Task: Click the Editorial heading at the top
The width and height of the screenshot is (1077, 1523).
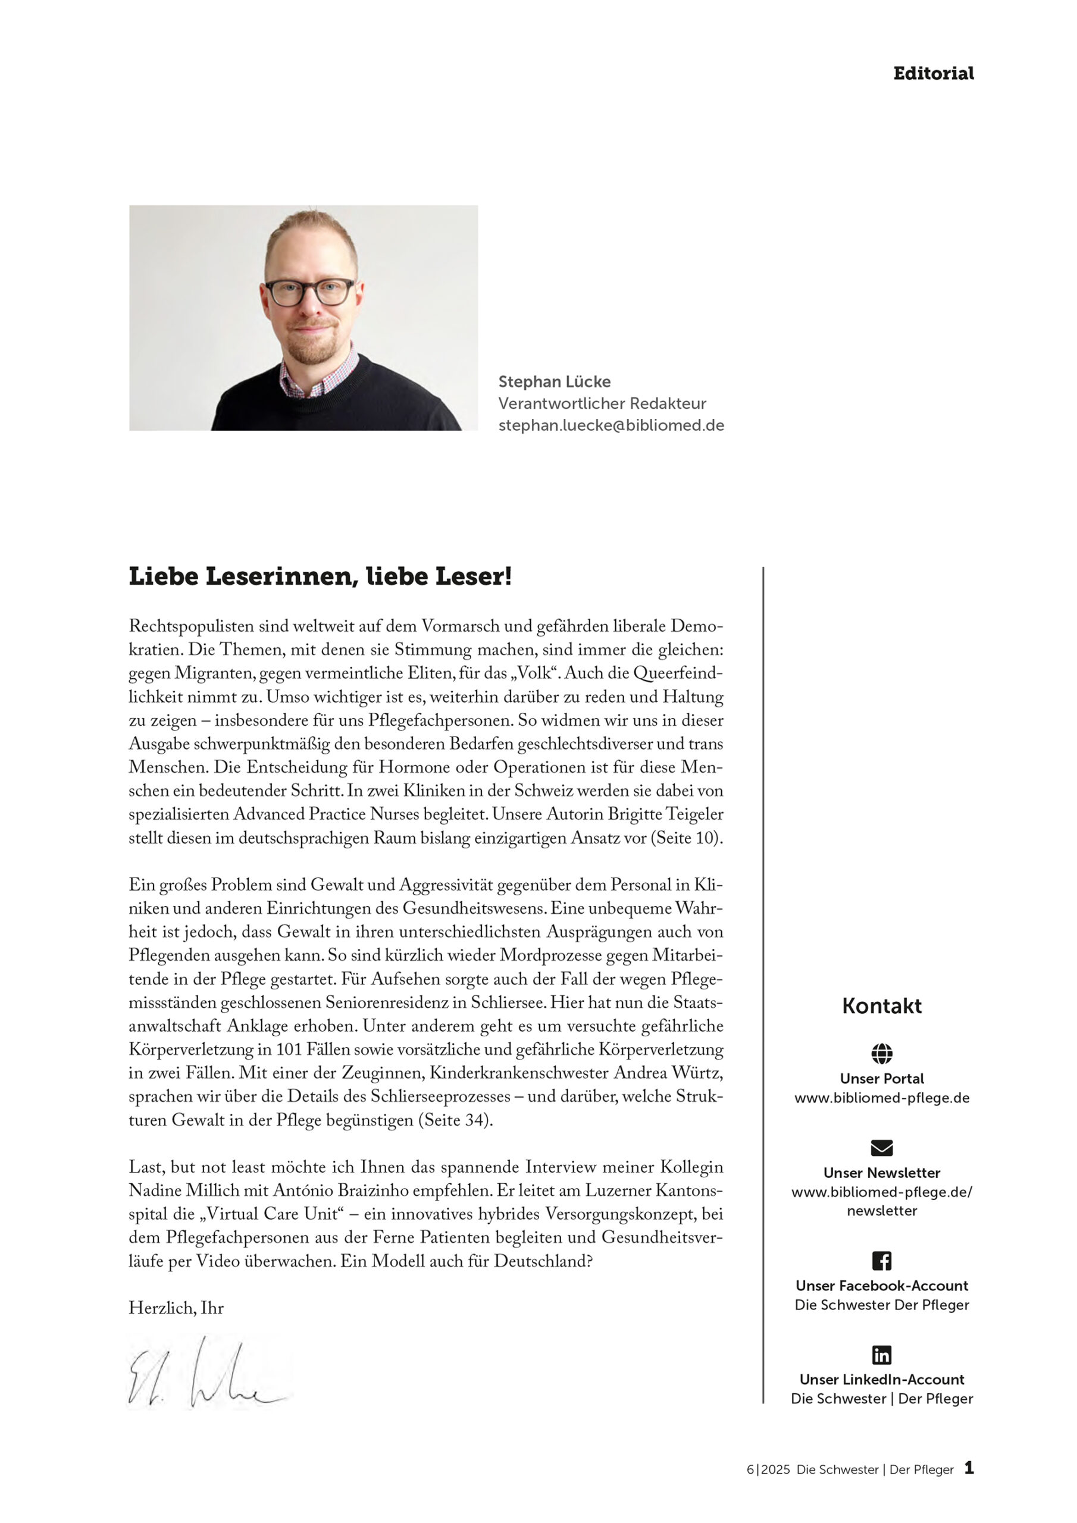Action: (933, 74)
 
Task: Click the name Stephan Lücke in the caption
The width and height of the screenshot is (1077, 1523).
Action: (554, 381)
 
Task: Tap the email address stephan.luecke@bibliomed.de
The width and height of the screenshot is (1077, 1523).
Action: (610, 425)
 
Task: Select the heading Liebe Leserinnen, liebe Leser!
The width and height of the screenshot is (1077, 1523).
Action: (320, 576)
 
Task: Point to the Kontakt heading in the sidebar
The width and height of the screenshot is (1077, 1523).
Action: (881, 1005)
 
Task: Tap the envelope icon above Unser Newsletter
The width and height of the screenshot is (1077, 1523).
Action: (881, 1148)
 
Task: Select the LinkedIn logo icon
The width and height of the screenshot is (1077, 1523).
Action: (881, 1355)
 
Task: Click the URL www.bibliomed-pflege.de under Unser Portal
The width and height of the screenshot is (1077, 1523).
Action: (881, 1098)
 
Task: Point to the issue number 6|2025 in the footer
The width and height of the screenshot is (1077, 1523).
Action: (768, 1470)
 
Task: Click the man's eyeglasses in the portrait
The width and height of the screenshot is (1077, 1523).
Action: (309, 292)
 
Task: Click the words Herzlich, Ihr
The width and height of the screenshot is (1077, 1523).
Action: (176, 1308)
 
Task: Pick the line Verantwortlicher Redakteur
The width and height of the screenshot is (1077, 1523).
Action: (602, 403)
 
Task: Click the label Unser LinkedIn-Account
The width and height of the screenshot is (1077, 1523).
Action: (881, 1380)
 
